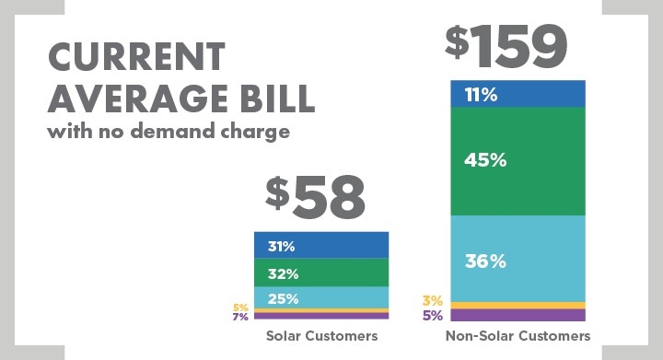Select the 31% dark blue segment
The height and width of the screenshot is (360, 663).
(x=321, y=246)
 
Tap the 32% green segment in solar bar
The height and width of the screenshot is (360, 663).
(x=321, y=273)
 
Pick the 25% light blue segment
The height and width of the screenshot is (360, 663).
(x=321, y=297)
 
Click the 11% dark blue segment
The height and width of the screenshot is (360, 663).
(x=518, y=94)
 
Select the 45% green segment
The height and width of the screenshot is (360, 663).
(x=518, y=160)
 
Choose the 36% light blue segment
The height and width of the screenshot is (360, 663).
(x=518, y=261)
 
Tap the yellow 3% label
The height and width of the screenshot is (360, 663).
(x=433, y=300)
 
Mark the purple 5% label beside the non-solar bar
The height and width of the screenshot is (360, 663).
(x=433, y=315)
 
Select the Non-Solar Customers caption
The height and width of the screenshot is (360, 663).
(x=518, y=336)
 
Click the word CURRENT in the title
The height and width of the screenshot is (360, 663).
(x=135, y=58)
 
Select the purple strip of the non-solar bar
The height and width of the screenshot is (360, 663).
(x=518, y=315)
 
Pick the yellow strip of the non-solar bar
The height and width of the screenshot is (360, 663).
(x=518, y=305)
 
